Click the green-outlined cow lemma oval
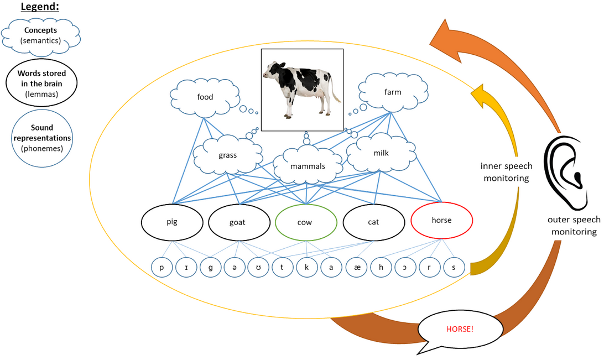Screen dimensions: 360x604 306,222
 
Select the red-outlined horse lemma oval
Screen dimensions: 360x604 441,220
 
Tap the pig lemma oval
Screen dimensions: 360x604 171,222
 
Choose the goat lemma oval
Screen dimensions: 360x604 238,222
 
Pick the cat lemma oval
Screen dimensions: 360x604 373,222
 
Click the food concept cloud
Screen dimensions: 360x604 205,98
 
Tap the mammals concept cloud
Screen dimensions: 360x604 308,165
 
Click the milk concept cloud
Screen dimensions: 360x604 381,153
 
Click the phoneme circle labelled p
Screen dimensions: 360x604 162,268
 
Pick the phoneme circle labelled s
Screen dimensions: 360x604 454,268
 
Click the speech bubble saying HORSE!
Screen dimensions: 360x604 460,329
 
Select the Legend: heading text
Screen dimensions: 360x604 40,7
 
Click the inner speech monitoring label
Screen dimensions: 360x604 506,171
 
